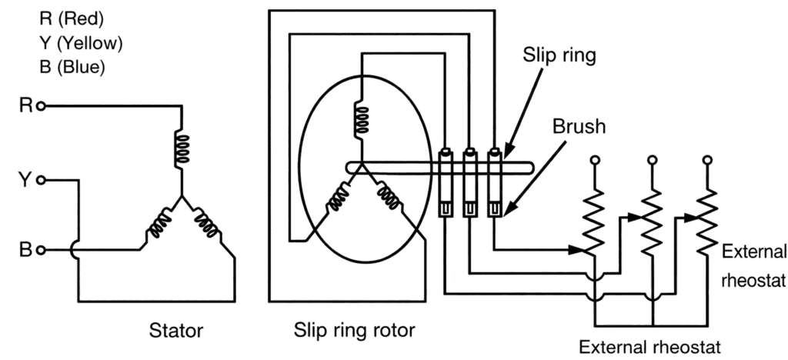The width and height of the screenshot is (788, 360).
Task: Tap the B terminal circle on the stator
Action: click(42, 249)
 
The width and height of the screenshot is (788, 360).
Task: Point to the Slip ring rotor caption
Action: click(355, 332)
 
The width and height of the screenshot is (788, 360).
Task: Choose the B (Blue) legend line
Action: click(72, 66)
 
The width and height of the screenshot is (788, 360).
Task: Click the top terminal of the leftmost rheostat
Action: click(594, 160)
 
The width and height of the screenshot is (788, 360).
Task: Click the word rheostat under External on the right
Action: click(754, 281)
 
